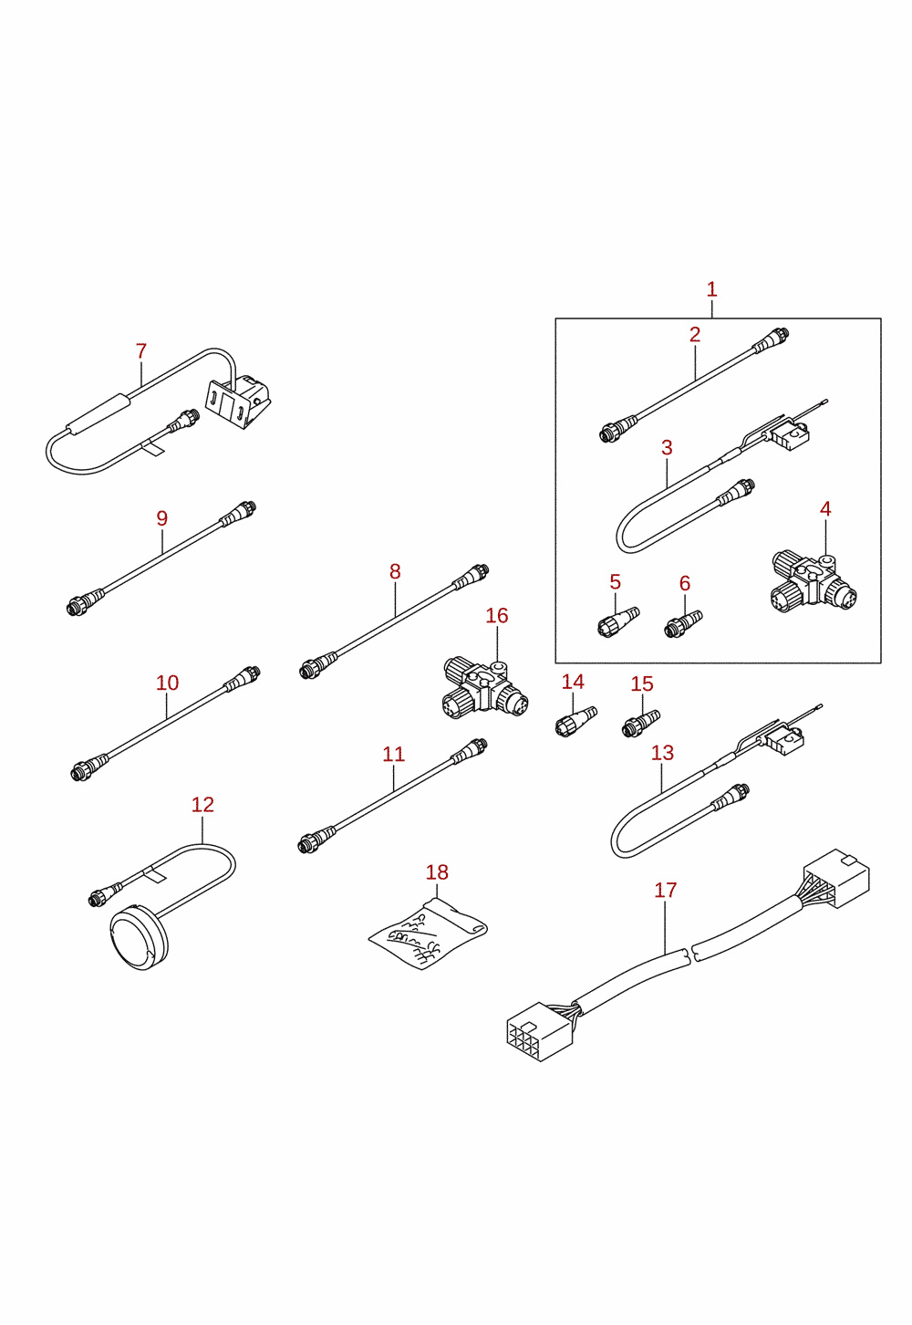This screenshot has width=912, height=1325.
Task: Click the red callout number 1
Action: click(x=711, y=289)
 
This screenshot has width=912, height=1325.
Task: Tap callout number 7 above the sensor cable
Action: click(x=140, y=350)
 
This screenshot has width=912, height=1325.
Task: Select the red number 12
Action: click(x=202, y=805)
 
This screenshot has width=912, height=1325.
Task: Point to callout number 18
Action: click(x=437, y=871)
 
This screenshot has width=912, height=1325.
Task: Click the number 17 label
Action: click(x=665, y=890)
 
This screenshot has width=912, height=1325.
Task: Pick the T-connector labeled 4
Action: click(x=814, y=582)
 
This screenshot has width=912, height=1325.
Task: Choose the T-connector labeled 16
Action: click(x=485, y=690)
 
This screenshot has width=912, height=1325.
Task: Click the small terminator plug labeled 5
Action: click(x=618, y=621)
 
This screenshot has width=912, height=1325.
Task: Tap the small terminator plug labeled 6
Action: click(x=684, y=623)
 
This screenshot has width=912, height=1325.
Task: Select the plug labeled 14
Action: click(x=576, y=721)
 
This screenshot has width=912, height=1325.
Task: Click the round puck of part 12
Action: click(x=139, y=937)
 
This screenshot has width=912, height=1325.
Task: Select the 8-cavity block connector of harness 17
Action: click(x=538, y=1031)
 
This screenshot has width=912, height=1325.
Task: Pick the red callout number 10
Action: click(x=167, y=683)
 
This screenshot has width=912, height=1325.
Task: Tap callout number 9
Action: click(x=162, y=518)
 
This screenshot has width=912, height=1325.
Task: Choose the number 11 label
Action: click(x=394, y=754)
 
